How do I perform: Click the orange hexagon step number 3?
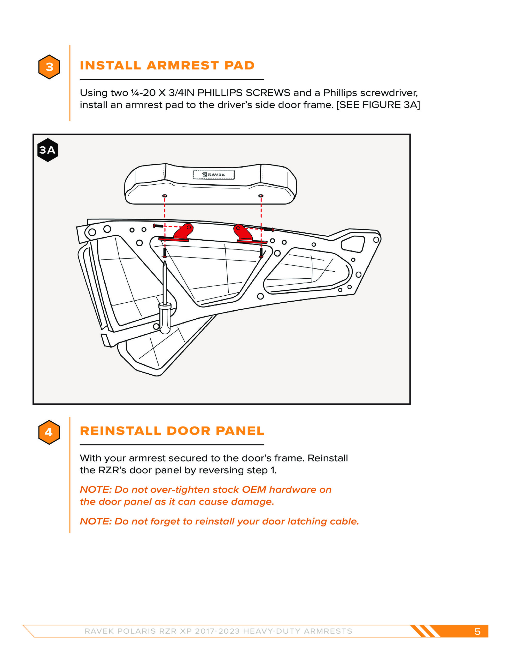(49, 67)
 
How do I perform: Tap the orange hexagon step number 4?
(49, 432)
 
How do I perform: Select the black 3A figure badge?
(48, 150)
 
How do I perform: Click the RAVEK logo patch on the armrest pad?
(214, 175)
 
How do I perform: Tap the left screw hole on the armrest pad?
(165, 196)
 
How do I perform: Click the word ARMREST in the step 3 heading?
(183, 66)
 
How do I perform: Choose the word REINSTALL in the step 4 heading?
(121, 431)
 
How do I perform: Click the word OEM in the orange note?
(254, 490)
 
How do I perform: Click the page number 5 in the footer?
(477, 631)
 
